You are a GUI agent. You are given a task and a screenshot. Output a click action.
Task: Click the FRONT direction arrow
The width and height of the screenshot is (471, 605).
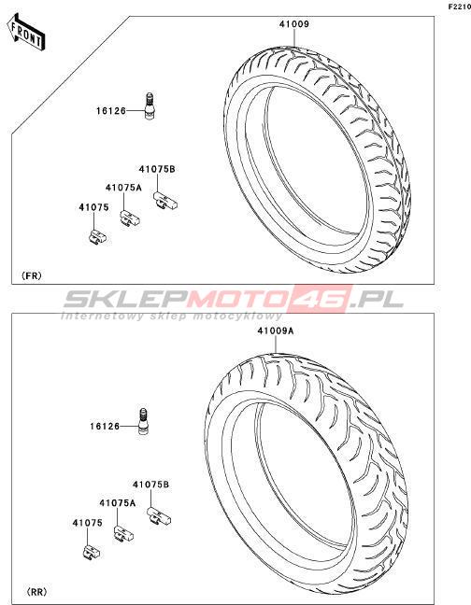click(x=26, y=32)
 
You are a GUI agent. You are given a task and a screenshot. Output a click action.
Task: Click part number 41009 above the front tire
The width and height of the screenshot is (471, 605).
click(x=294, y=24)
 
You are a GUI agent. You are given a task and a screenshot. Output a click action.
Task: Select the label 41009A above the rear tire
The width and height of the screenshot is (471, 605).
click(x=276, y=331)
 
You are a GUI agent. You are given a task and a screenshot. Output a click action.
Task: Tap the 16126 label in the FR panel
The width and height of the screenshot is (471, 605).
click(x=111, y=111)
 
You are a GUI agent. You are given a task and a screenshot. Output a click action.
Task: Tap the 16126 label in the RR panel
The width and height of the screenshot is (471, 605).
click(x=105, y=427)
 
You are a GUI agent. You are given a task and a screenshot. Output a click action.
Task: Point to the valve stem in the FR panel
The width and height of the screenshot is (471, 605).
click(x=149, y=106)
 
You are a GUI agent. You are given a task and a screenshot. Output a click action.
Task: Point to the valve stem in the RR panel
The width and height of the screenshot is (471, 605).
click(x=143, y=422)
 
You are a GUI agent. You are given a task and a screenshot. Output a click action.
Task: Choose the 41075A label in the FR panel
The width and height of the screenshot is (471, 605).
click(x=123, y=188)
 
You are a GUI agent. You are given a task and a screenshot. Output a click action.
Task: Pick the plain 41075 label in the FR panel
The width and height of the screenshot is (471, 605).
click(x=93, y=207)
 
